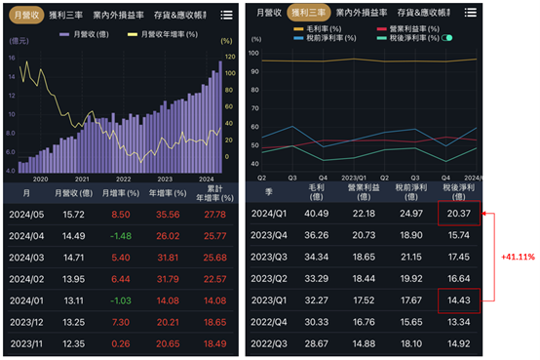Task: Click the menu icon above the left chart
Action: [x=226, y=15]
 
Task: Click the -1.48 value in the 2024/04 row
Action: [x=120, y=235]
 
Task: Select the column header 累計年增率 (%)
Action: [x=216, y=193]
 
